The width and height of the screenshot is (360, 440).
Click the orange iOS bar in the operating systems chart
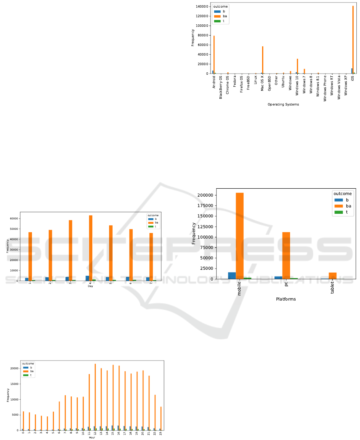[x=353, y=40]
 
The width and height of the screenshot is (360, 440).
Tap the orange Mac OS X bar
[x=263, y=60]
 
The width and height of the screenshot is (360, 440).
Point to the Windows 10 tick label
[x=297, y=86]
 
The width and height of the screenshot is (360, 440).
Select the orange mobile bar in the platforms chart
[x=240, y=236]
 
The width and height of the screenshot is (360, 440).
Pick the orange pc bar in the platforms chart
[x=286, y=255]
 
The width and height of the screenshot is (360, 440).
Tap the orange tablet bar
[x=332, y=276]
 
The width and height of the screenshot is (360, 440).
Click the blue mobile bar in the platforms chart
[x=232, y=275]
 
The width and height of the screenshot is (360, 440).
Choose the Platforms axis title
[x=286, y=299]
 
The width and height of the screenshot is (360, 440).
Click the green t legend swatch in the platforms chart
[x=338, y=213]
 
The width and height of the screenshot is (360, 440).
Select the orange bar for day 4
[x=90, y=248]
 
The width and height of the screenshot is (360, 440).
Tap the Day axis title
[x=90, y=286]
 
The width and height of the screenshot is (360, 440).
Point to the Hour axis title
[x=92, y=438]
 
